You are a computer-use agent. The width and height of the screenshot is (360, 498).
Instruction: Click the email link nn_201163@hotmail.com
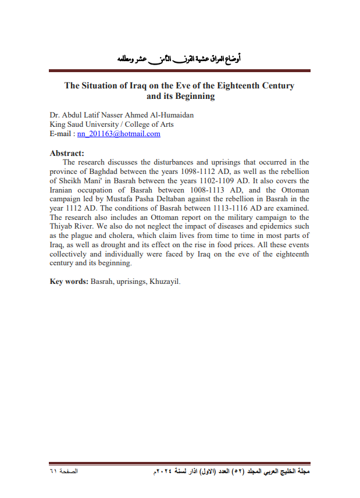pyautogui.click(x=119, y=134)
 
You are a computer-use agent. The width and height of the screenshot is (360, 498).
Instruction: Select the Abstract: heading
pyautogui.click(x=67, y=154)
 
